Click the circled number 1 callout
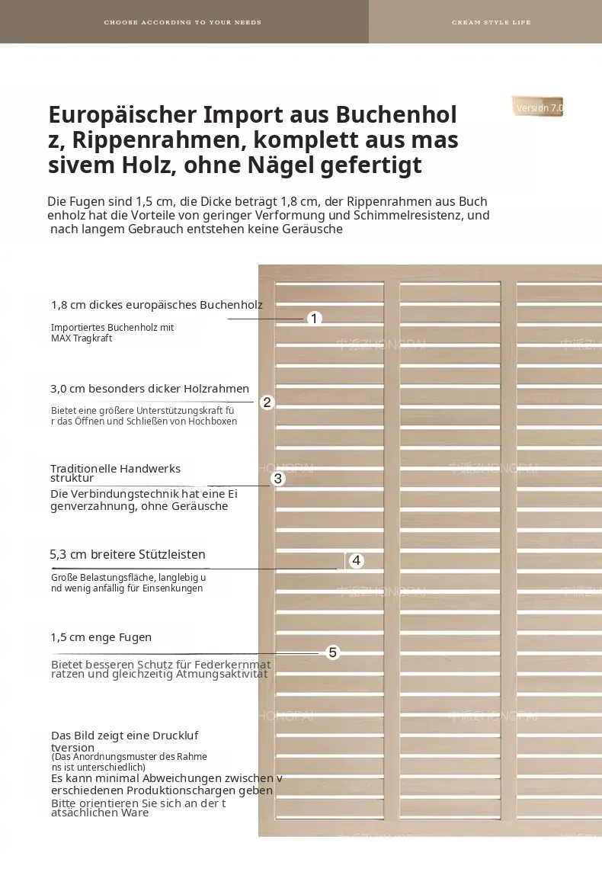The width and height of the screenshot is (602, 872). click(314, 319)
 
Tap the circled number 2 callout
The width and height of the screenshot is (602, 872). click(267, 402)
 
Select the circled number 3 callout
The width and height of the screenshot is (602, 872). click(278, 479)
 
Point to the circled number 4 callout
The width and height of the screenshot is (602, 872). click(357, 560)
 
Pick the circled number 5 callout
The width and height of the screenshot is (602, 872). click(332, 652)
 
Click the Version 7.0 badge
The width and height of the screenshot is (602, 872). click(538, 107)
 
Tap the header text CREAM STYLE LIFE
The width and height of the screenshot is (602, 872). click(492, 22)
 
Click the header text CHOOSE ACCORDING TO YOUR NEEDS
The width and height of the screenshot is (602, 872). click(182, 22)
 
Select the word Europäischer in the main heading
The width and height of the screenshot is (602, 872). click(122, 115)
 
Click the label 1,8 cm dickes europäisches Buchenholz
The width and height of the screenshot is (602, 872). click(157, 305)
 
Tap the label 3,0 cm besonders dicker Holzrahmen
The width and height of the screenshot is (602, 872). click(150, 389)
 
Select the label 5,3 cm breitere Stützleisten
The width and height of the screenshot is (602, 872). click(127, 554)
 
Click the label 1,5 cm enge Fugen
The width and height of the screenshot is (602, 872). click(101, 637)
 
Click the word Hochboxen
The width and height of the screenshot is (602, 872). click(213, 422)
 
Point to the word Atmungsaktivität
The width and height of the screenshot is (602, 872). click(222, 674)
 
